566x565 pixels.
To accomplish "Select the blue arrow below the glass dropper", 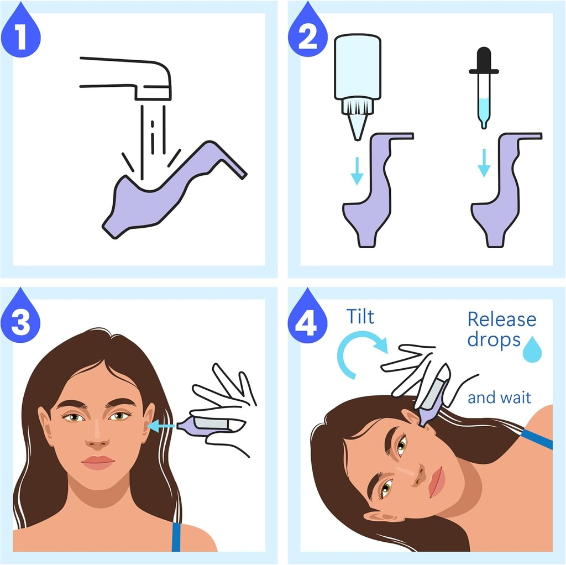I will pyautogui.click(x=484, y=163).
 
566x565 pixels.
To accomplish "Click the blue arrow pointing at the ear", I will pyautogui.click(x=163, y=426).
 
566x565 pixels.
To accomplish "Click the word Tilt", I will pyautogui.click(x=360, y=317).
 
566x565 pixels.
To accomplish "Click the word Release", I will pyautogui.click(x=501, y=320).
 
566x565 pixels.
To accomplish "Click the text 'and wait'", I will pyautogui.click(x=499, y=397).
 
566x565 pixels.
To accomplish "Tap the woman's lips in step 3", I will pyautogui.click(x=98, y=462).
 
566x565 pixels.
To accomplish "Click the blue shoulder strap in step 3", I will pyautogui.click(x=176, y=536).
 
